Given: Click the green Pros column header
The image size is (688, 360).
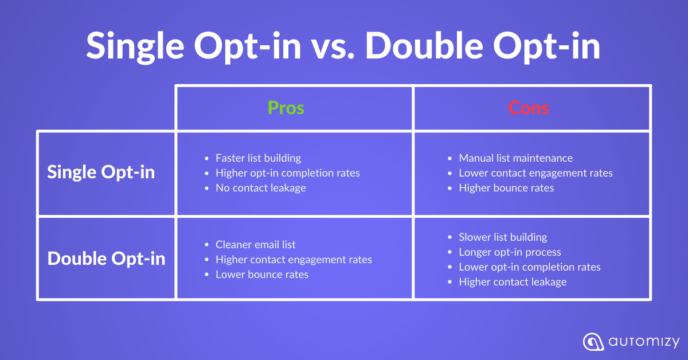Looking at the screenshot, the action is tap(286, 108).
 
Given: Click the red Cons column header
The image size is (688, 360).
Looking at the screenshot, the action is tap(529, 108).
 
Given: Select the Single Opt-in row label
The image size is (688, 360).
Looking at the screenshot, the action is tap(101, 172).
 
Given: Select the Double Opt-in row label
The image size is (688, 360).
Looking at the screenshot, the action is tap(106, 259).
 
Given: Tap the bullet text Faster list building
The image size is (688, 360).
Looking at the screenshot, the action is tap(259, 158).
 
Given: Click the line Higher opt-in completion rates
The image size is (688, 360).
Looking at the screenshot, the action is tap(287, 173).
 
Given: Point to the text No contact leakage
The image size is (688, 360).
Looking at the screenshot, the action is tap(261, 187).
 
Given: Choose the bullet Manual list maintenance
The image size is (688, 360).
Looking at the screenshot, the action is tap(515, 158).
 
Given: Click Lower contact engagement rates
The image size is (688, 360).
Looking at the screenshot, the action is tap(535, 173).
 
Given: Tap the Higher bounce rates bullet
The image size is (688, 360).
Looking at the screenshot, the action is tap(506, 187).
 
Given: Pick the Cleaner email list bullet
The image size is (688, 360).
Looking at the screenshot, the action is tap(256, 245).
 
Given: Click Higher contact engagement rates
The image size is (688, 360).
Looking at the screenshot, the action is tap(294, 260).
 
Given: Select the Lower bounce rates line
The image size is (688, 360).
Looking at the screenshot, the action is tap(262, 275).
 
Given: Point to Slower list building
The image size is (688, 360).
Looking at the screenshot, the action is tap(503, 237).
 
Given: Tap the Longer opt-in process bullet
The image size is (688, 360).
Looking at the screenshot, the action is tap(510, 252).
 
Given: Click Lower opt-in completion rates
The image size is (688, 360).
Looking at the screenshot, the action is tap(530, 267).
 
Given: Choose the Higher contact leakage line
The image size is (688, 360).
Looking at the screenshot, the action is tap(513, 282).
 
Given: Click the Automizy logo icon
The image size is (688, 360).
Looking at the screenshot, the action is tap(593, 342).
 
